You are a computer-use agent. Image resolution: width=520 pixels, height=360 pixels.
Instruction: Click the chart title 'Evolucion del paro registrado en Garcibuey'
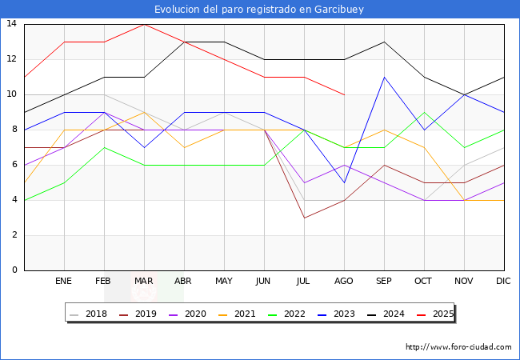260,9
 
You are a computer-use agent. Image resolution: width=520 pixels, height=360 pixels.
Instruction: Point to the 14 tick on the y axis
12,24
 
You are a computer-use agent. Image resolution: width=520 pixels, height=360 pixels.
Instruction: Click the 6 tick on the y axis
12,165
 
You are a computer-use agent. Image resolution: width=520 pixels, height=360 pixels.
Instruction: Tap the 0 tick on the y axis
12,270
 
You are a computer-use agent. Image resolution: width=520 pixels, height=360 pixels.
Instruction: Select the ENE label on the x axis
64,282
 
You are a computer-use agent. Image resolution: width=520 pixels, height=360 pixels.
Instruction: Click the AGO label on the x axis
344,282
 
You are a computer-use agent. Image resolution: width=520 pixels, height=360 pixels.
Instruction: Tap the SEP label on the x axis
384,282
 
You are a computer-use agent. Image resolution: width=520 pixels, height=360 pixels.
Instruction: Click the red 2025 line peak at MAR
144,24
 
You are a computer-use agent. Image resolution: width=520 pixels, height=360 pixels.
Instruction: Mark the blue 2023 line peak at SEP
384,77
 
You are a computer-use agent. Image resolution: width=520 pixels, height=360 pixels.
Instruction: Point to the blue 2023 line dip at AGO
344,182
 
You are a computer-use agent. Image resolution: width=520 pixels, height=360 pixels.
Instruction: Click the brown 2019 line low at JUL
304,218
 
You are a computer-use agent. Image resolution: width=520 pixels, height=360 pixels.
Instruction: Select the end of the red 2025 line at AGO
344,94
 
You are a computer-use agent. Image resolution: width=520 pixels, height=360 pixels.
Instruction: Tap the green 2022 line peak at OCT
424,112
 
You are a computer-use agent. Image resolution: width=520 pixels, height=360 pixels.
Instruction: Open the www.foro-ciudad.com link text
458,347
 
